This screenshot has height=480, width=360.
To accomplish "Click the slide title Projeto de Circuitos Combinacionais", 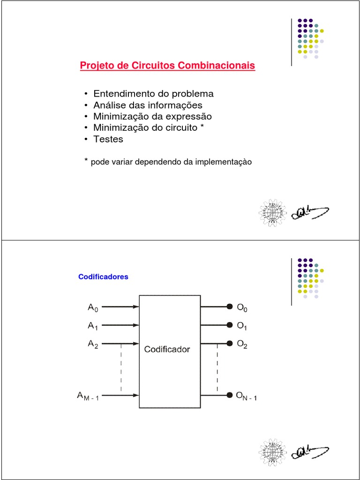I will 167,66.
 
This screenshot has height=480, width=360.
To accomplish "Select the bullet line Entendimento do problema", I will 153,93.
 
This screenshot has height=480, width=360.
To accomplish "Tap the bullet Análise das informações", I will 148,105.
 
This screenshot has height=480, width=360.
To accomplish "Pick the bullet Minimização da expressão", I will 152,116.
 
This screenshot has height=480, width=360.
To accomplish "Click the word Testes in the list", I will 108,139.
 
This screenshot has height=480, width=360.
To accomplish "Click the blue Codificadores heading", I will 103,277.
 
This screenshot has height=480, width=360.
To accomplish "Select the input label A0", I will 93,307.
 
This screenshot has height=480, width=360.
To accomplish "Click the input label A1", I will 93,325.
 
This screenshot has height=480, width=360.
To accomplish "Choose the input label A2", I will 93,344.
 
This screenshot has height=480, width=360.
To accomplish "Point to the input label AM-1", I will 88,396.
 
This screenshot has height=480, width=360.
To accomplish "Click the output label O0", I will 242,308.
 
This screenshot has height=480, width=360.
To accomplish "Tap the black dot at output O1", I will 230,325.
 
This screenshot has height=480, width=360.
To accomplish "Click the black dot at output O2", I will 230,343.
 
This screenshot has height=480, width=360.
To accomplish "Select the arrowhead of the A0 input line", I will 136,307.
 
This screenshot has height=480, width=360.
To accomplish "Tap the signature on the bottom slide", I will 309,451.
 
